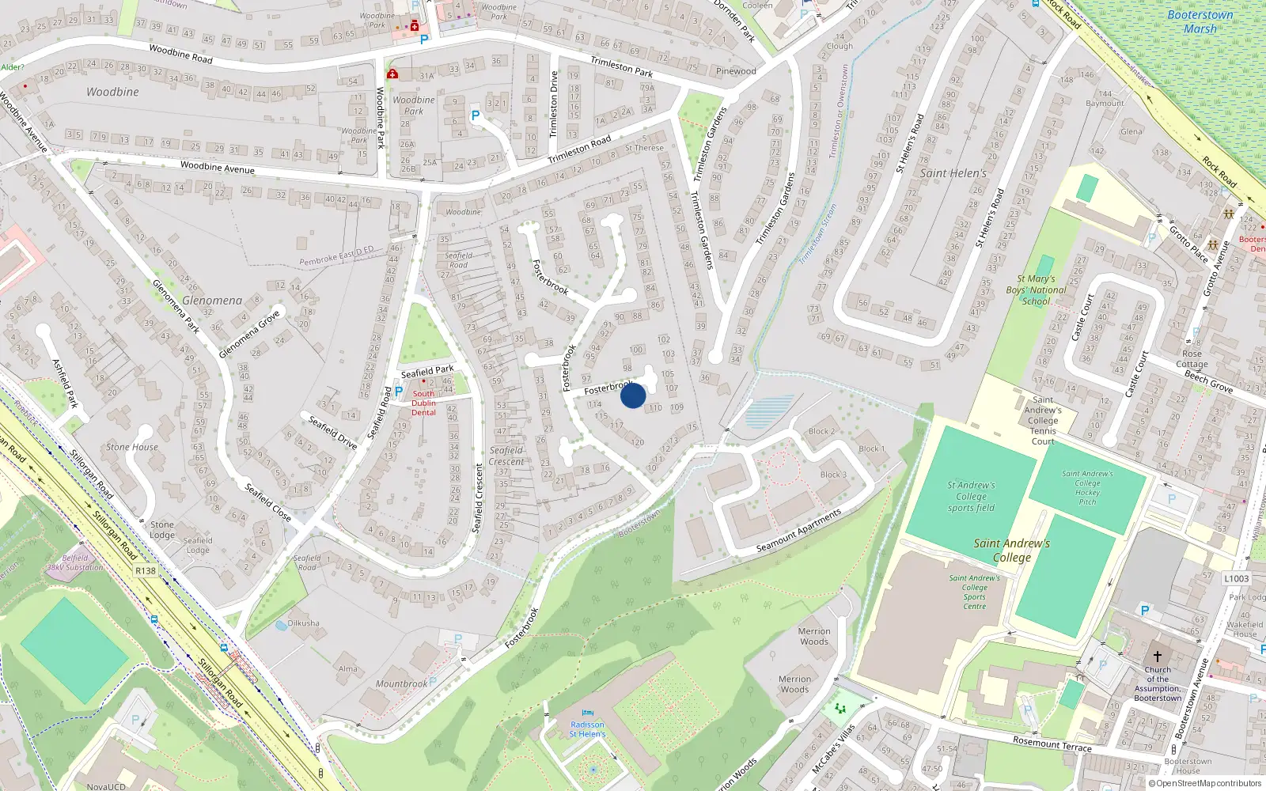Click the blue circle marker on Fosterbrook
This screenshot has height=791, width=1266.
point(633,395)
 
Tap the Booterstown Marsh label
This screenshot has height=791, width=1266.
point(1200,22)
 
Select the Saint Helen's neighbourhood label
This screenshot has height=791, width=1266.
point(953,173)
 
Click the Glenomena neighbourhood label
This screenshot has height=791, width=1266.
point(212,301)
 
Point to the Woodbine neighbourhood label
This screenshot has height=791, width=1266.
point(112,92)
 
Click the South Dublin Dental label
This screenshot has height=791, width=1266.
point(423,403)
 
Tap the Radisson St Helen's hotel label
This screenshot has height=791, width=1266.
point(587,729)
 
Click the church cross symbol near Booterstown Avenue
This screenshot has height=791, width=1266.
point(1157,656)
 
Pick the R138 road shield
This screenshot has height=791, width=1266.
point(146,570)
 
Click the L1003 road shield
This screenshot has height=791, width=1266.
point(1237,578)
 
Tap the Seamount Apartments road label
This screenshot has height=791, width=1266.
point(798,532)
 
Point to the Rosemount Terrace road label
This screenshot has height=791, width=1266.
point(1052,744)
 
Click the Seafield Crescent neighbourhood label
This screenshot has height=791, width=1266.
point(506,456)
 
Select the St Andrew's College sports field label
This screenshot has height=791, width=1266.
point(971,497)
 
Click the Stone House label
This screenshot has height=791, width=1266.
point(132,447)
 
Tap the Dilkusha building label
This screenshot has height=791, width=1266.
point(304,623)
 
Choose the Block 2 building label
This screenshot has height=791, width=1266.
point(821,432)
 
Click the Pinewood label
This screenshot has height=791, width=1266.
point(736,71)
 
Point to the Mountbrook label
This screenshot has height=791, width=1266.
point(401,683)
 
